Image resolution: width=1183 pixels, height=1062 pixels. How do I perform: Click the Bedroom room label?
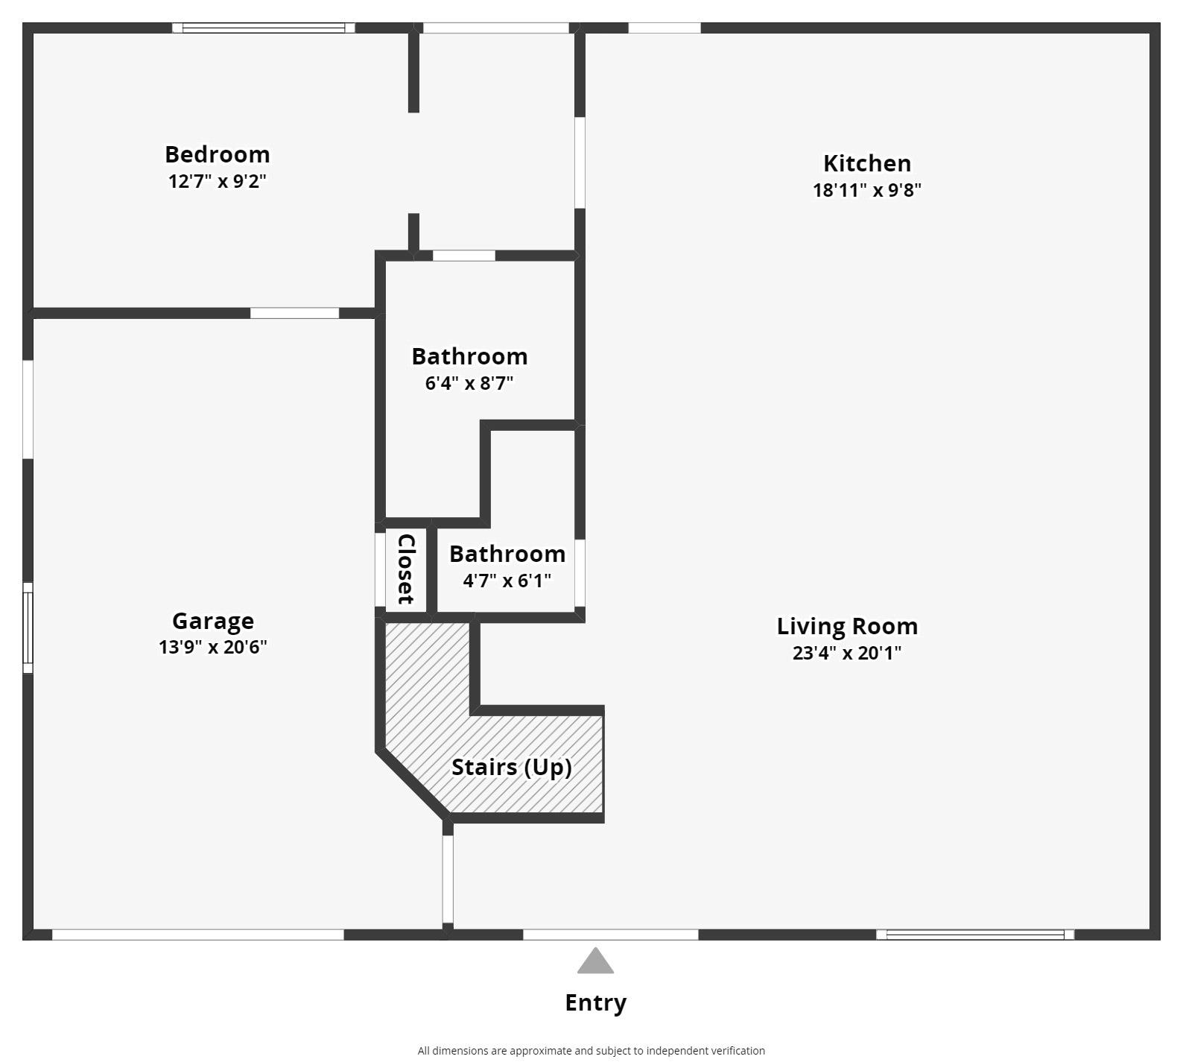[217, 154]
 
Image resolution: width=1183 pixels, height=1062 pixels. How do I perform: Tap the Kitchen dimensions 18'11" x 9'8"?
[866, 190]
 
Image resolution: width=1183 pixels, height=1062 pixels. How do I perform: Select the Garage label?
[213, 621]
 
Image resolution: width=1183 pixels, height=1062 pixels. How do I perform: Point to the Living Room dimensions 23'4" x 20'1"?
[847, 653]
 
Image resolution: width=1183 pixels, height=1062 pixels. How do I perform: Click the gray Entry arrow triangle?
[595, 961]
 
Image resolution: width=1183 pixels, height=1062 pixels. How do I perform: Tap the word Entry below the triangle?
[595, 1003]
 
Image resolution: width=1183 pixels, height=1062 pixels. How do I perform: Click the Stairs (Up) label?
[512, 767]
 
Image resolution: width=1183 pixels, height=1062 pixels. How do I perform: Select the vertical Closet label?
[406, 569]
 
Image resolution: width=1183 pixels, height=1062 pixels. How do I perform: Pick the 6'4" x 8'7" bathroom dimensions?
[469, 383]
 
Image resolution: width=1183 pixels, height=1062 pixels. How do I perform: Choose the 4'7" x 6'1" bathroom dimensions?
[507, 581]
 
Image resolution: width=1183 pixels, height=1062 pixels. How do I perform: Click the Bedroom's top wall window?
[264, 28]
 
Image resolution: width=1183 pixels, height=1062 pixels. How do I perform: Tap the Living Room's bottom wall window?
[975, 935]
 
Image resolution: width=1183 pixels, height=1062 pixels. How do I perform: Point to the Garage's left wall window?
[28, 628]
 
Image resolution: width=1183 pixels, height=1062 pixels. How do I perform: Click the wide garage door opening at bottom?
[198, 935]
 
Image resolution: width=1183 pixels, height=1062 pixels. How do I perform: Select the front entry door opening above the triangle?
[611, 935]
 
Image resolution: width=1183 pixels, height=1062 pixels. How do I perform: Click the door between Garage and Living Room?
[448, 879]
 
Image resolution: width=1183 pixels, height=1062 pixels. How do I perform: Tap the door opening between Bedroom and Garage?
[294, 313]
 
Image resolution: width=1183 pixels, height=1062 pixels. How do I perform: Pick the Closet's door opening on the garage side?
[380, 569]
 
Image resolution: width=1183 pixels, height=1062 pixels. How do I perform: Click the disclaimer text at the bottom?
[591, 1051]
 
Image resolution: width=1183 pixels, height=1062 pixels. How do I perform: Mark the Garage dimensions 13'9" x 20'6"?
[213, 647]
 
